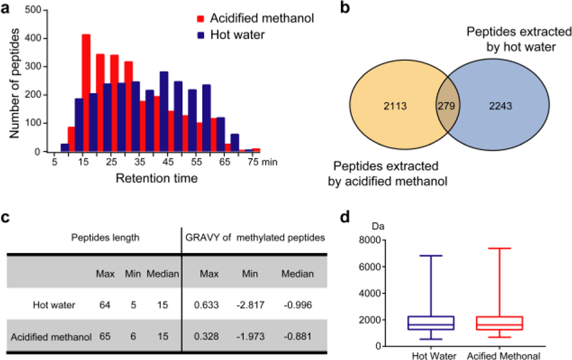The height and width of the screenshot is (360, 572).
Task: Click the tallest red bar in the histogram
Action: tap(86, 92)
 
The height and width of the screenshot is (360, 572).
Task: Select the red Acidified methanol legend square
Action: tap(201, 18)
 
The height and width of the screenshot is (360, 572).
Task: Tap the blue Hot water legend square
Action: tap(201, 35)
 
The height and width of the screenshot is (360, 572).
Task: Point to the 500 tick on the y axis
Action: tap(33, 10)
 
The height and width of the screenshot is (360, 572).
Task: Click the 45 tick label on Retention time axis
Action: tap(168, 162)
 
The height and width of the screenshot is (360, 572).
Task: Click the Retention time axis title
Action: tap(157, 178)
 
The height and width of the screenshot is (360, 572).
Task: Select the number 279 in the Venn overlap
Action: tap(446, 106)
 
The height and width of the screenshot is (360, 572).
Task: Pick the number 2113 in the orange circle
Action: tap(395, 106)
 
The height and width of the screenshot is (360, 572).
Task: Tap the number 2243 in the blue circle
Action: tap(501, 106)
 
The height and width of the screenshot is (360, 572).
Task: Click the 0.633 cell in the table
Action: tap(206, 305)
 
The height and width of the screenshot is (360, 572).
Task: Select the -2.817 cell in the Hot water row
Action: tap(250, 305)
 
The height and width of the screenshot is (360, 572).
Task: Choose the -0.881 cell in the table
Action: tap(298, 336)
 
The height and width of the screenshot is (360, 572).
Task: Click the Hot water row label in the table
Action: tap(54, 305)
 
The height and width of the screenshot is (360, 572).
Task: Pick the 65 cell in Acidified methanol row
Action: tap(105, 336)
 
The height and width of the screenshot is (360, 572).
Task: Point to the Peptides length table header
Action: tap(105, 238)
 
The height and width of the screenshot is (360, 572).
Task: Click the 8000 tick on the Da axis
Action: tap(369, 240)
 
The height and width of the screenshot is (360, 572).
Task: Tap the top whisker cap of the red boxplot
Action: tap(499, 248)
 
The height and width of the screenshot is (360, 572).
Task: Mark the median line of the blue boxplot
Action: tap(431, 325)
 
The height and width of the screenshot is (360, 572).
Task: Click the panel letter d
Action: tap(344, 217)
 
